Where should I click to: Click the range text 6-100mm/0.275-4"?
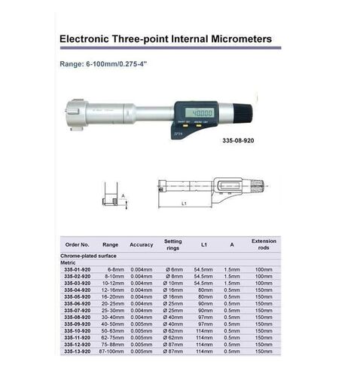(110, 63)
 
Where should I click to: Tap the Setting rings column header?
(173, 244)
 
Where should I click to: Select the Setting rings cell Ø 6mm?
(173, 268)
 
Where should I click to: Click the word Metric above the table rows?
(69, 262)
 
